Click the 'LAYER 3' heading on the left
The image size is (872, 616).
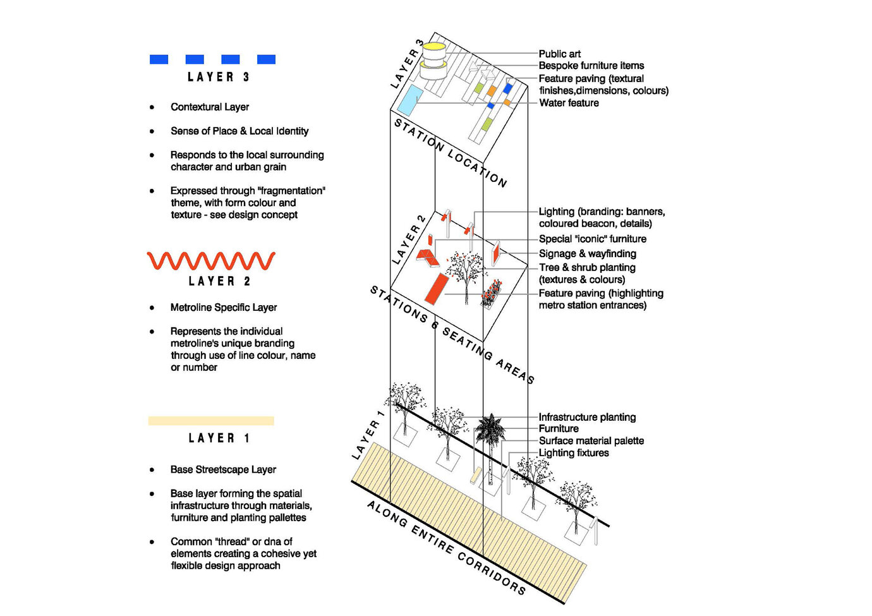click(218, 77)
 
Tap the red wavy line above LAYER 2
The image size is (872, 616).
click(211, 260)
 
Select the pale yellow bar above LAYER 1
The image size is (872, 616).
click(211, 421)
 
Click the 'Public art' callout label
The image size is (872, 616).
click(559, 54)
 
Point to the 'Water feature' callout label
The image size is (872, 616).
click(569, 103)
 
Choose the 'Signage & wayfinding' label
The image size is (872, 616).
click(587, 254)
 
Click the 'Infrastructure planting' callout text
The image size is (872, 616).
click(587, 418)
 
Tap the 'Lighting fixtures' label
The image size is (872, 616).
click(574, 453)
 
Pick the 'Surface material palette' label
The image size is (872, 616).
click(591, 441)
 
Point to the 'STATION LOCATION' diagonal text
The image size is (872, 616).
click(450, 152)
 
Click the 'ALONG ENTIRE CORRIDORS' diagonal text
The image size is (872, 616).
click(445, 547)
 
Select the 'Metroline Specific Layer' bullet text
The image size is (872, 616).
click(224, 308)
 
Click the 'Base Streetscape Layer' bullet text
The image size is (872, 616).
click(223, 470)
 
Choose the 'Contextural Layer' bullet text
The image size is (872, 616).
click(210, 107)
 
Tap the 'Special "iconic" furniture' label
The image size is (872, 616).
click(592, 239)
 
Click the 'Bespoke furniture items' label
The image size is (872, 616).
click(591, 66)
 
